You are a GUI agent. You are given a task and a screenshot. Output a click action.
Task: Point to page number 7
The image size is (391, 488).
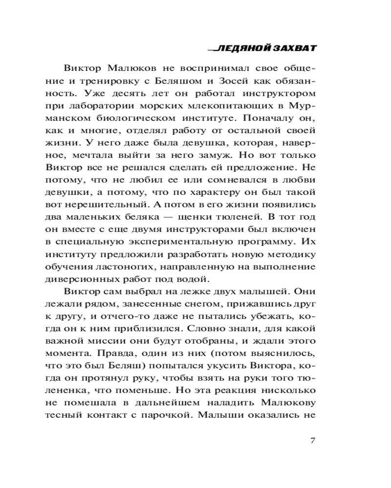[313, 441]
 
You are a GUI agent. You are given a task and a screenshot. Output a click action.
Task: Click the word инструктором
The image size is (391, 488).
[282, 92]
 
